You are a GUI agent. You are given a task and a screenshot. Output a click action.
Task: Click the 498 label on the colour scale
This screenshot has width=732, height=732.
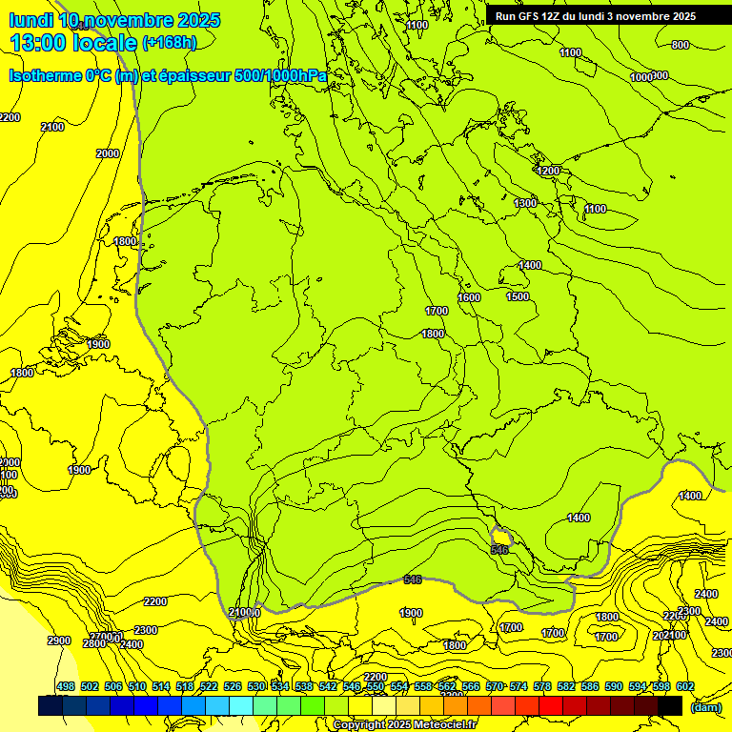tap(66, 686)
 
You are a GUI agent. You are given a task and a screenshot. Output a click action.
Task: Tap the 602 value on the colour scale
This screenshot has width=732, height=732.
tap(685, 686)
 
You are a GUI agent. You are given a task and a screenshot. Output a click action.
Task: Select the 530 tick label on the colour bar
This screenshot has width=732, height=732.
tap(256, 686)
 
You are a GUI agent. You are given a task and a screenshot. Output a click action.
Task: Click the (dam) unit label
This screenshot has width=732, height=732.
tap(705, 707)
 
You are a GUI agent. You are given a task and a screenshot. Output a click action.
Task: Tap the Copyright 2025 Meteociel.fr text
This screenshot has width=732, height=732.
tap(405, 724)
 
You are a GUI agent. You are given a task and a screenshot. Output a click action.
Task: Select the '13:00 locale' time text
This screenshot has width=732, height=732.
tap(72, 42)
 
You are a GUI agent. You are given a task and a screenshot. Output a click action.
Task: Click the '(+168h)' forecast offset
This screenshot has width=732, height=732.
tap(170, 42)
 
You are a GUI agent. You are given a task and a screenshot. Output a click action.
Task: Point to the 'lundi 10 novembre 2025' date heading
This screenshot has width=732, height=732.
tap(114, 20)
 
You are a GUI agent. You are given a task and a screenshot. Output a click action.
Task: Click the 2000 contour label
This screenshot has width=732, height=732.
tap(108, 153)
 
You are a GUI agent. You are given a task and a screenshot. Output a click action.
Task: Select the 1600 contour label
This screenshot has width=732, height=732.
tap(469, 298)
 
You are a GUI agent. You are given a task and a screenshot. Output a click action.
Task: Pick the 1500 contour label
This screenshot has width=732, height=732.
tap(518, 296)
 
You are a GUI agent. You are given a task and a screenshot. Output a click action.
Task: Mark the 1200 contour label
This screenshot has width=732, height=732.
tap(548, 171)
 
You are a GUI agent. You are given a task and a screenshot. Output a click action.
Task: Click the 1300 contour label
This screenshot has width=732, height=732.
tap(525, 203)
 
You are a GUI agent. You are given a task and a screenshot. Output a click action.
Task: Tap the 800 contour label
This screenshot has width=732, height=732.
tap(680, 45)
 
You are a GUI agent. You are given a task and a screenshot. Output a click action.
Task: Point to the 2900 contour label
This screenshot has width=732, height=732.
tap(59, 640)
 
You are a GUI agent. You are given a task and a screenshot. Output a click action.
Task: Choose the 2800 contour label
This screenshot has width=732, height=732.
tap(93, 644)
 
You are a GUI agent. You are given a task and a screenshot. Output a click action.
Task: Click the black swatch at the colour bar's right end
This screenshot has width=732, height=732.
tap(670, 705)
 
